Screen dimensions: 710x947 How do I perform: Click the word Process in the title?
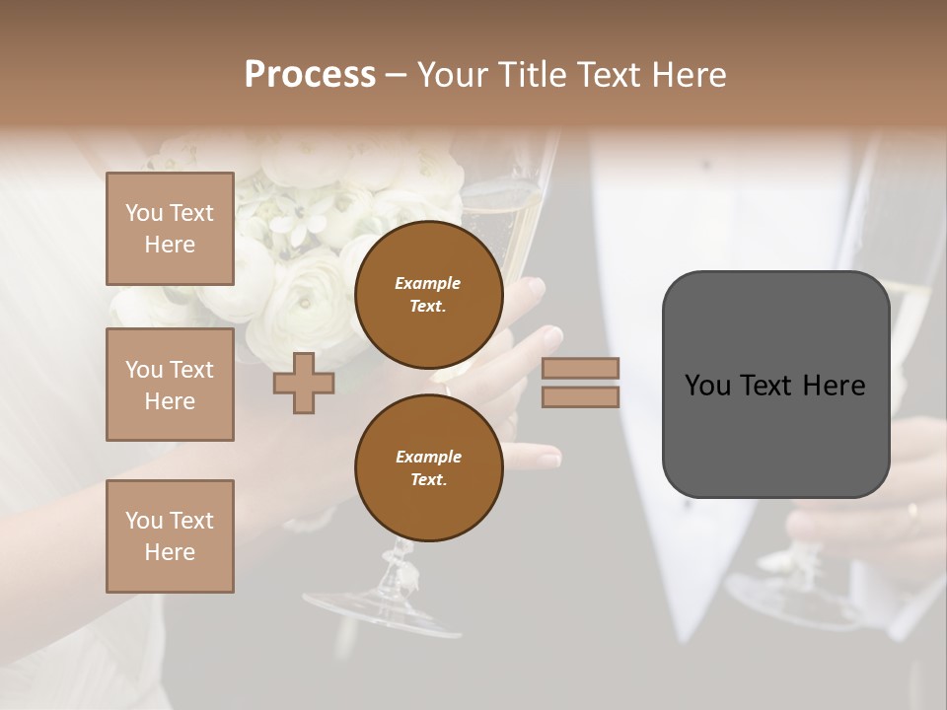tap(310, 75)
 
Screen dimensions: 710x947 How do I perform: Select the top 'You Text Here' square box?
tap(170, 229)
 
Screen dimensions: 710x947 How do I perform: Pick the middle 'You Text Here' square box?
tap(170, 385)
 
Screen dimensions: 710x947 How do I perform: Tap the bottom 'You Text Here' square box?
tap(170, 536)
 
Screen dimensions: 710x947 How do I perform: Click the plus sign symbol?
tap(303, 383)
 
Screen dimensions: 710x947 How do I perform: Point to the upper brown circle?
tap(428, 294)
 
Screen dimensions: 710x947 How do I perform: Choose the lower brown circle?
tap(428, 467)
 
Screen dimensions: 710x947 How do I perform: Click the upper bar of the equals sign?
tap(581, 369)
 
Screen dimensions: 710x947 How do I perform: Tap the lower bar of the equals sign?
tap(581, 396)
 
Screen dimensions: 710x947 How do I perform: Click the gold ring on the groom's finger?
tap(911, 511)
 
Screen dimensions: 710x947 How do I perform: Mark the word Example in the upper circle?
tap(428, 283)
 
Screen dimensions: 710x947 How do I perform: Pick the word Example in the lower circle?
tap(428, 457)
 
